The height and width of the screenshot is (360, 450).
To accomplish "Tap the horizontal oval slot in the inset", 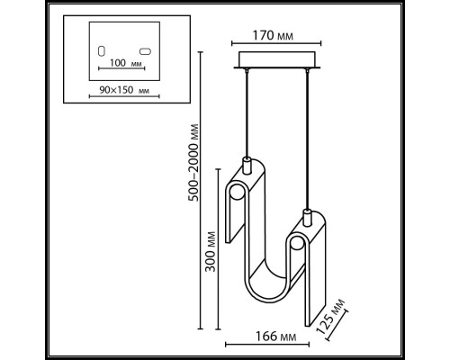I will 144,50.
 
